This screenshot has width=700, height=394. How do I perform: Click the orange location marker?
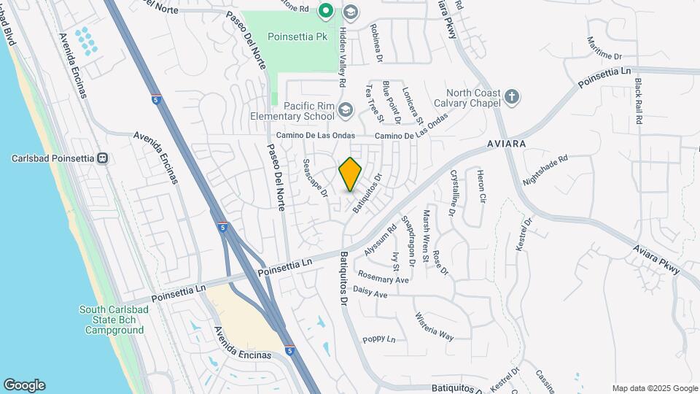[351, 174]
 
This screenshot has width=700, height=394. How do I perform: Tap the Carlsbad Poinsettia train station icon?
[104, 158]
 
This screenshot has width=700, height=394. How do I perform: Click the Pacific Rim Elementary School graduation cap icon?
[345, 110]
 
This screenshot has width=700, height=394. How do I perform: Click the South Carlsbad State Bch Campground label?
[112, 320]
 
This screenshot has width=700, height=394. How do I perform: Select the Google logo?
[24, 385]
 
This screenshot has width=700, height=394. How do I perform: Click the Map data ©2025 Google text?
[654, 388]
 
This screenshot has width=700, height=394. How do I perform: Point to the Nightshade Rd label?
[545, 169]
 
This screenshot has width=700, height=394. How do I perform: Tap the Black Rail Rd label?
[638, 101]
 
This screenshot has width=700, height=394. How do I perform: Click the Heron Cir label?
[480, 185]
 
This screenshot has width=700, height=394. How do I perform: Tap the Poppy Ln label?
[378, 339]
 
